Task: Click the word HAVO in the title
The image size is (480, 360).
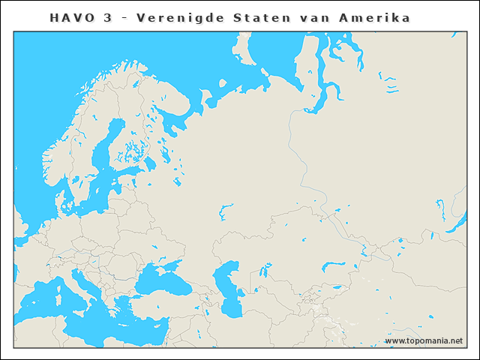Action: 70,17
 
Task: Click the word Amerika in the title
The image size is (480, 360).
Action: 382,17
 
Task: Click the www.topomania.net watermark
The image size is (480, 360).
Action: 424,341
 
